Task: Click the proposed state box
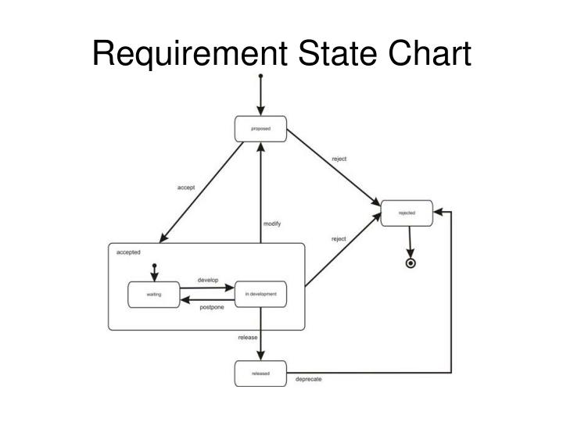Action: (x=260, y=128)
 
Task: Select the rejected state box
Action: (x=407, y=213)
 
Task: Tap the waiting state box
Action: (x=153, y=294)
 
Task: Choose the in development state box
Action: (x=260, y=294)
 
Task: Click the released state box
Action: (x=260, y=374)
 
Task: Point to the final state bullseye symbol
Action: (x=411, y=263)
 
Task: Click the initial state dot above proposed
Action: (x=260, y=77)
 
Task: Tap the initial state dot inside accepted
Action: (x=155, y=266)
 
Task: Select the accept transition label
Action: (x=185, y=188)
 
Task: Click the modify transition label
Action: (x=271, y=224)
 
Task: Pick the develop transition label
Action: (x=207, y=280)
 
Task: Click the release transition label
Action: (x=248, y=338)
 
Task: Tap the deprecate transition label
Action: (x=308, y=380)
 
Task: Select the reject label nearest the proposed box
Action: (x=339, y=159)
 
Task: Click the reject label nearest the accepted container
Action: (x=339, y=239)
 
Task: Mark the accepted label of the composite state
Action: (x=128, y=252)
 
